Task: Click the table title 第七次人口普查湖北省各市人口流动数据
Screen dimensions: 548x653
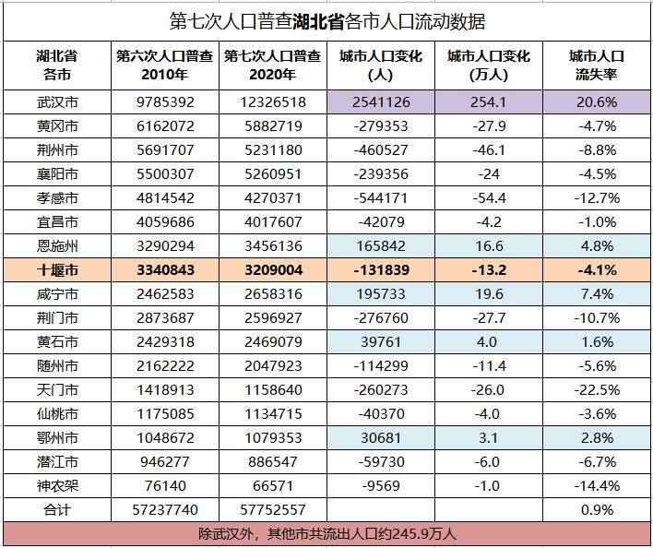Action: click(327, 21)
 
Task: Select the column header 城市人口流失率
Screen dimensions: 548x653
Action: click(596, 66)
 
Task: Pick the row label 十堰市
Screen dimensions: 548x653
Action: click(57, 270)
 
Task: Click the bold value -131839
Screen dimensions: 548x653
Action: click(380, 270)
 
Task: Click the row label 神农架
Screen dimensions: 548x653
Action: click(57, 486)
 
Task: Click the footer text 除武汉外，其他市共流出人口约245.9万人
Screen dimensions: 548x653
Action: click(327, 533)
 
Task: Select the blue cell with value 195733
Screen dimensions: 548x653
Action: click(380, 294)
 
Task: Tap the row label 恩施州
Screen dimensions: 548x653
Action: click(57, 246)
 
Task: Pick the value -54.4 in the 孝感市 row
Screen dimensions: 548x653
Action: click(488, 198)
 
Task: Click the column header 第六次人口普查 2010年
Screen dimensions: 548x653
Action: click(165, 66)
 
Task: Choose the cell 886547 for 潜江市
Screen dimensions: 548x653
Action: click(273, 462)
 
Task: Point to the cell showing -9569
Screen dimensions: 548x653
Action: click(380, 486)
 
